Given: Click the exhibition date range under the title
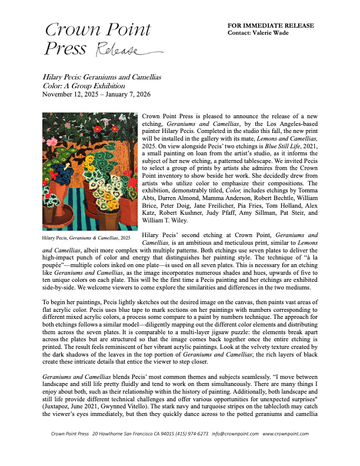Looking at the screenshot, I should pos(96,94).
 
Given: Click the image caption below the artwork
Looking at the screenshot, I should pos(86,238).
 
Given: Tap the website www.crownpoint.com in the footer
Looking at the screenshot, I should pos(285,450).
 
